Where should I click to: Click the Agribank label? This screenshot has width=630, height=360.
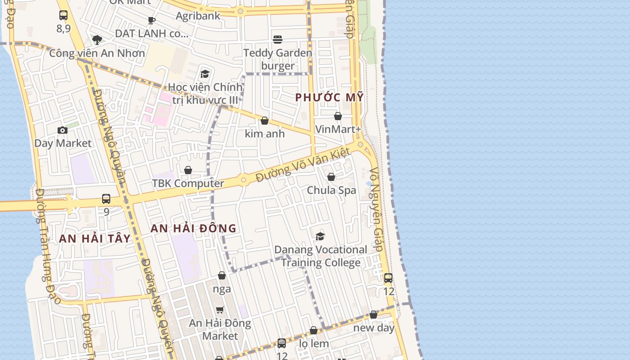tap(198, 16)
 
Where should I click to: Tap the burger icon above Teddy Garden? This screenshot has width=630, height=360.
tap(278, 39)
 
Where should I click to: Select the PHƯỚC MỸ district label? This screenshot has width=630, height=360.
tap(329, 97)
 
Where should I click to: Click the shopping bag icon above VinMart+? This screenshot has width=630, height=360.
tap(338, 116)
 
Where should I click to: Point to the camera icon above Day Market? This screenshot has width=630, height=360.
tap(63, 130)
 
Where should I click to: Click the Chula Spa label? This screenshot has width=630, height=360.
tap(331, 190)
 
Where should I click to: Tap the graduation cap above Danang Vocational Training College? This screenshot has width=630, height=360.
tap(320, 236)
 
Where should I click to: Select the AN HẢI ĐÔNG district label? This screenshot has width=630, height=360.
tap(193, 228)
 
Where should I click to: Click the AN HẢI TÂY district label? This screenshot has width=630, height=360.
tap(95, 238)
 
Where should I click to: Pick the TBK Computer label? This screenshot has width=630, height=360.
tap(188, 183)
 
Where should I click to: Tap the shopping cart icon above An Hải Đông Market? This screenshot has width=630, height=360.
tap(220, 310)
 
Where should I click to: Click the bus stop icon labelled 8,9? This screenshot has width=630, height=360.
tap(63, 15)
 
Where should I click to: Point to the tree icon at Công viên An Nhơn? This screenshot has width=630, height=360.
tap(97, 40)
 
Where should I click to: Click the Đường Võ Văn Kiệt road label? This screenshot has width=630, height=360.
tap(303, 166)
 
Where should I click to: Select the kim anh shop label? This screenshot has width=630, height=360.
tap(265, 134)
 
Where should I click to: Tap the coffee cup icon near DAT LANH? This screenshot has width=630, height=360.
tap(152, 20)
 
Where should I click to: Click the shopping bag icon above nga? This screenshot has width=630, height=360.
tap(222, 275)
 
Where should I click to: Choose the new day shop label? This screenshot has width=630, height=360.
tap(373, 328)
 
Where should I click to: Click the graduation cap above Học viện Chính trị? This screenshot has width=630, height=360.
tap(205, 74)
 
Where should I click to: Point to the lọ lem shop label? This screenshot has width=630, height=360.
tap(314, 344)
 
